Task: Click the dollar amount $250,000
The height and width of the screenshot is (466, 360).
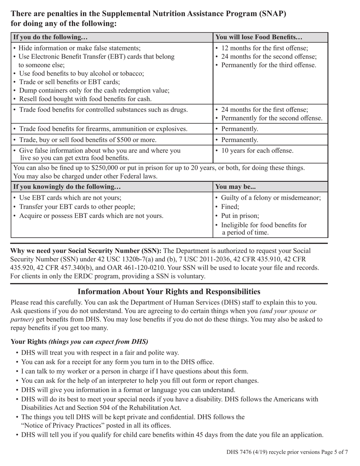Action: click(x=106, y=167)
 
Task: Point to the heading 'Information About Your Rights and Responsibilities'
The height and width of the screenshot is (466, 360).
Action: click(x=169, y=291)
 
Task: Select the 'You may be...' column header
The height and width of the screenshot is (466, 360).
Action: click(x=235, y=186)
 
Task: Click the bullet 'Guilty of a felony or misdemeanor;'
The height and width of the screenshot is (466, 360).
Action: click(x=271, y=198)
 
